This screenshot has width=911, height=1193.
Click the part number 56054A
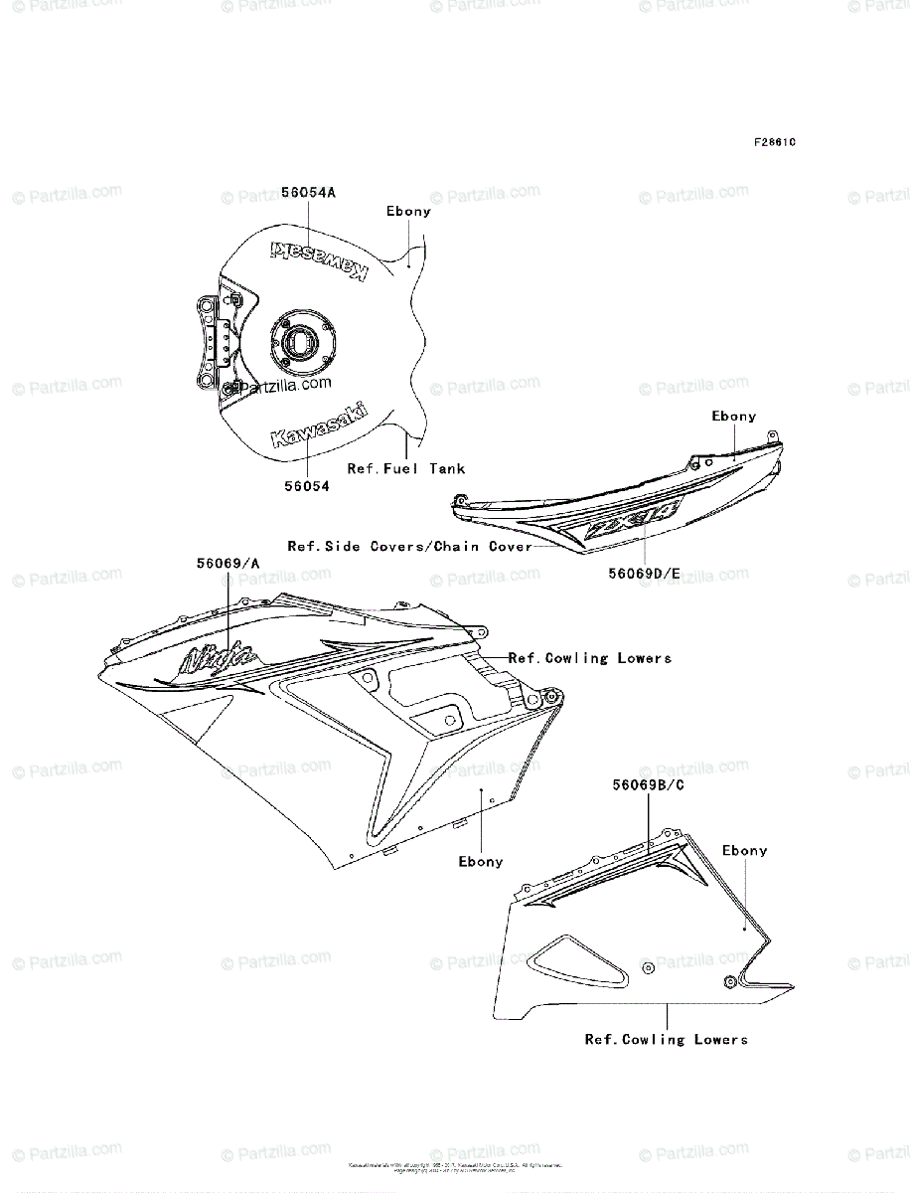(308, 193)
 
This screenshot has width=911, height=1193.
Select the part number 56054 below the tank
(305, 486)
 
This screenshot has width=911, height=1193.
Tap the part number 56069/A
(228, 563)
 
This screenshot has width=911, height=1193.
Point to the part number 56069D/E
(645, 574)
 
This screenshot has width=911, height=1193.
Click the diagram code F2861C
(775, 142)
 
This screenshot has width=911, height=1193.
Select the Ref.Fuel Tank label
(405, 468)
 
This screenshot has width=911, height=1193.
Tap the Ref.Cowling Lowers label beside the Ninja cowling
(590, 658)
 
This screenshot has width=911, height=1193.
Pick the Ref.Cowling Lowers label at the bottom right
(666, 1040)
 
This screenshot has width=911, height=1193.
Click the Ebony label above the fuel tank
(408, 212)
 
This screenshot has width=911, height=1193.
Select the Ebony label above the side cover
(733, 417)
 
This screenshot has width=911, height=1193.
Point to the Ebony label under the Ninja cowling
(480, 862)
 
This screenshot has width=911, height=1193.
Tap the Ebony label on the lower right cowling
(745, 851)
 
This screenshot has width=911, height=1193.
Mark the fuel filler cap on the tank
(298, 342)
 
